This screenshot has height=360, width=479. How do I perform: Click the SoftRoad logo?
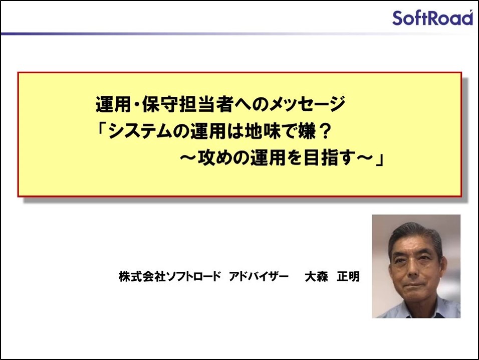432,18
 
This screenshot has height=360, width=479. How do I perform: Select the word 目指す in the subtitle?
330,158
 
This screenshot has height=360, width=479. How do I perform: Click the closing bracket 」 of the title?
380,159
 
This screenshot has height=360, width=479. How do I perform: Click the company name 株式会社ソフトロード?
169,277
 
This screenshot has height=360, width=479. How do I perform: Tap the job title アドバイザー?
259,277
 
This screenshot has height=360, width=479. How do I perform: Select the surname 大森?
317,277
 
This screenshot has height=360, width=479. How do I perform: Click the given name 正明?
348,277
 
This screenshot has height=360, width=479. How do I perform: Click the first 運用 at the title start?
114,104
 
